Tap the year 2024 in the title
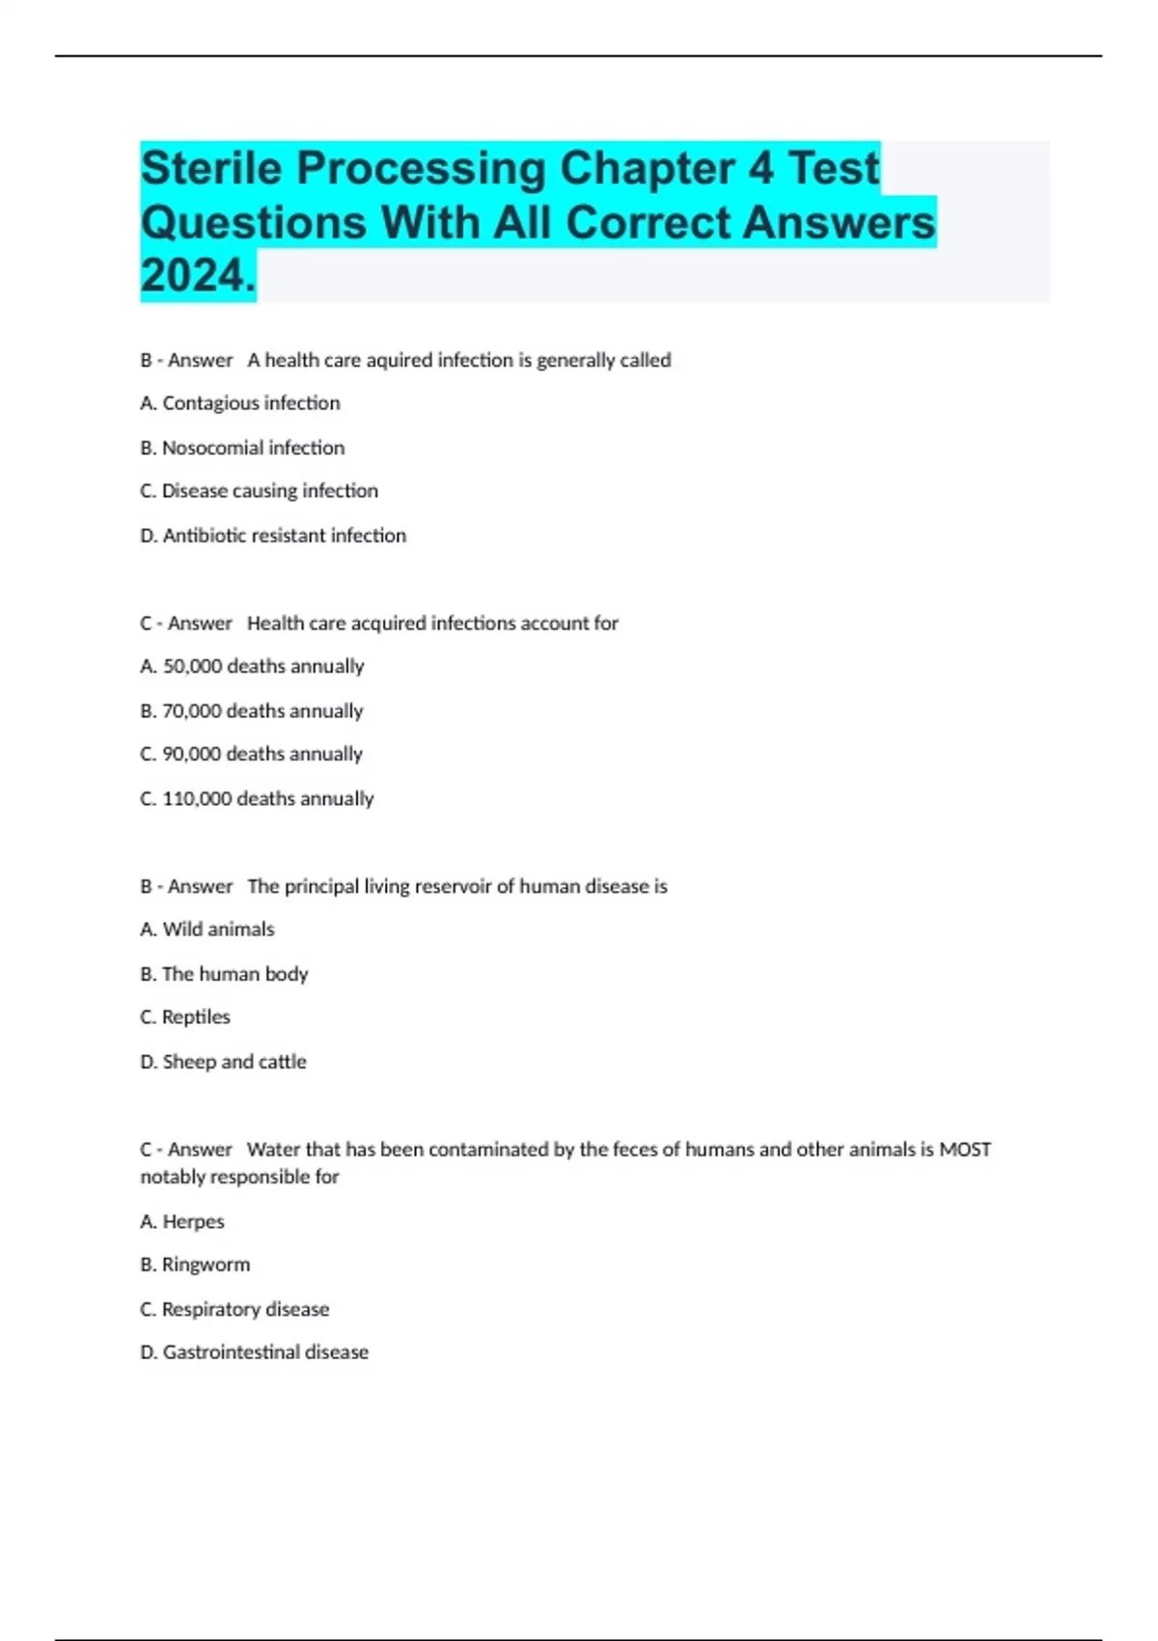point(197,276)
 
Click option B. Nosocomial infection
point(242,448)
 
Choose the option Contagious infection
point(240,403)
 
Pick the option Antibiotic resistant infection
point(273,536)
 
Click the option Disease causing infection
point(259,491)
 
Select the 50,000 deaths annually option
point(252,667)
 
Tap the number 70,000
point(191,711)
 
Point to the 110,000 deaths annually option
point(257,799)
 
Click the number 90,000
point(191,755)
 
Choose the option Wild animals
point(207,930)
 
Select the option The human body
point(224,974)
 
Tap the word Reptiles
point(196,1017)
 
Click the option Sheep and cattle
point(223,1062)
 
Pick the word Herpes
point(193,1222)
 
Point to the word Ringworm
point(206,1265)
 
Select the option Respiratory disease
point(234,1310)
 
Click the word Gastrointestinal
point(231,1352)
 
